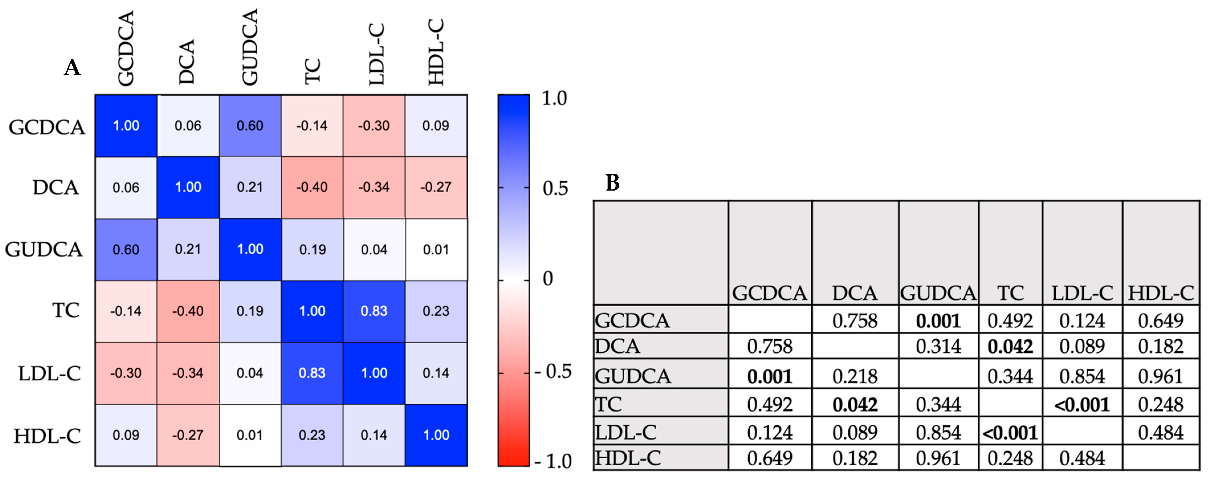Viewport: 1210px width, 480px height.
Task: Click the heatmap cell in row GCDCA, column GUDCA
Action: (x=250, y=125)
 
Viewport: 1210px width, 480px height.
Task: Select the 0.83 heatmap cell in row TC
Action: (x=374, y=311)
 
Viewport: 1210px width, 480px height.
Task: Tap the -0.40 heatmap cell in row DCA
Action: (x=312, y=187)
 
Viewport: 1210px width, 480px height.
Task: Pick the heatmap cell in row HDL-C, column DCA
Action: (x=188, y=435)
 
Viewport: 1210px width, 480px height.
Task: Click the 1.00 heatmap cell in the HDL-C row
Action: (x=436, y=435)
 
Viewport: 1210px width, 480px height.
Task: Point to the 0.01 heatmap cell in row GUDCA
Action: (x=436, y=249)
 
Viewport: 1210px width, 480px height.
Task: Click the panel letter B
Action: (x=612, y=182)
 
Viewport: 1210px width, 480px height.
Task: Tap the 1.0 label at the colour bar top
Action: (x=554, y=98)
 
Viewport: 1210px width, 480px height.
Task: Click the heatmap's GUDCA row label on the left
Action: (x=44, y=249)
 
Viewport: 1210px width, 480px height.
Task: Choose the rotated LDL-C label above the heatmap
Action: (x=376, y=54)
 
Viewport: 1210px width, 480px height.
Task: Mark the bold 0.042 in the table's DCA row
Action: (x=1010, y=347)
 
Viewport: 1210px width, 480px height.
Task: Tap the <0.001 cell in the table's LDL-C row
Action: (x=1010, y=432)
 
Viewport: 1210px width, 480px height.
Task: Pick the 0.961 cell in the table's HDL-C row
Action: (x=938, y=458)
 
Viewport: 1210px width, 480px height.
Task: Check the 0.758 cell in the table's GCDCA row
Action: (x=854, y=321)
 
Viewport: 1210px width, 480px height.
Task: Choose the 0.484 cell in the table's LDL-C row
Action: (x=1160, y=432)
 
